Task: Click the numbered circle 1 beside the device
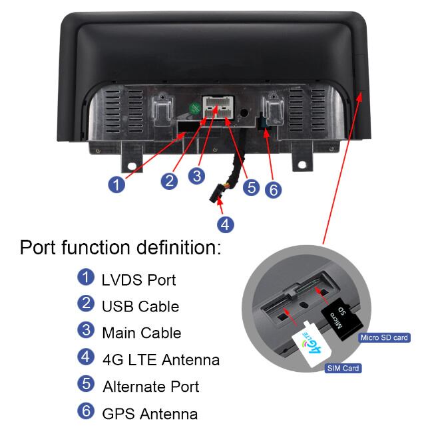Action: click(116, 184)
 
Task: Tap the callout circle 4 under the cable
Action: click(226, 224)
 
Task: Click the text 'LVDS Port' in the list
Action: click(138, 280)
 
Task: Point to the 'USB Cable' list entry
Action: click(140, 306)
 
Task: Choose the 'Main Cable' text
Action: click(141, 332)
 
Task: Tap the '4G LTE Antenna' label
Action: click(160, 360)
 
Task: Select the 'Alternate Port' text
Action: click(150, 386)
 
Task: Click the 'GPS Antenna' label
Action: click(150, 414)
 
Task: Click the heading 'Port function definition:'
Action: click(120, 248)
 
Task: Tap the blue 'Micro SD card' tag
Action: click(383, 338)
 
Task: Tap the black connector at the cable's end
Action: click(215, 196)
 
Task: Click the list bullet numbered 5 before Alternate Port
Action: click(86, 384)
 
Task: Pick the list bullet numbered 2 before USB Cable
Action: click(86, 303)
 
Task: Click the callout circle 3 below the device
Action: click(196, 175)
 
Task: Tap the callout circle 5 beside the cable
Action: click(251, 187)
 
